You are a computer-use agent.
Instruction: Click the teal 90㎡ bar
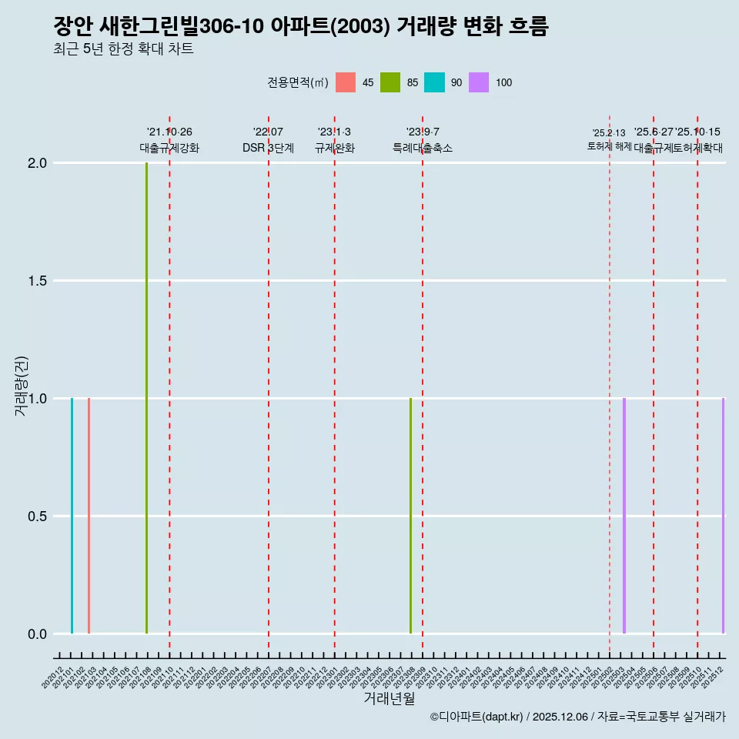(x=72, y=516)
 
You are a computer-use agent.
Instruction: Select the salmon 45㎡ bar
(x=89, y=516)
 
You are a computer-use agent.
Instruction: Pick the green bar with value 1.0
(x=410, y=516)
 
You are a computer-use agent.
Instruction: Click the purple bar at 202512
(x=723, y=516)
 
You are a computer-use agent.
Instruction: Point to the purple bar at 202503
(x=624, y=516)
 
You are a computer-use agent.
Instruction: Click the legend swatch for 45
(x=346, y=82)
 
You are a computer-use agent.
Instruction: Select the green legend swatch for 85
(x=390, y=82)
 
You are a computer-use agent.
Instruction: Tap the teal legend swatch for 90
(x=434, y=82)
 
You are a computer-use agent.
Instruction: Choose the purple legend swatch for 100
(x=479, y=82)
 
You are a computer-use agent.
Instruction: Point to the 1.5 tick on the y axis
(x=38, y=281)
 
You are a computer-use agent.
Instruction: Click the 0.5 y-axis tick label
(x=38, y=517)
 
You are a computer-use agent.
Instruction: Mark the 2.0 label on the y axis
(x=38, y=163)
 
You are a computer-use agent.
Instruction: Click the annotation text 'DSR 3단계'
(x=268, y=148)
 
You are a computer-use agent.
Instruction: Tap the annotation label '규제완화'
(x=334, y=148)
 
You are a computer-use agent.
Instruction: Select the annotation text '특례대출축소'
(x=423, y=148)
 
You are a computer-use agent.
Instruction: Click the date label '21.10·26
(x=169, y=132)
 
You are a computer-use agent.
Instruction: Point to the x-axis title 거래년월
(x=390, y=698)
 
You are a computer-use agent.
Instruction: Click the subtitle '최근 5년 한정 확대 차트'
(x=123, y=49)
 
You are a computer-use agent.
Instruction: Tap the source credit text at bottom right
(x=577, y=717)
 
